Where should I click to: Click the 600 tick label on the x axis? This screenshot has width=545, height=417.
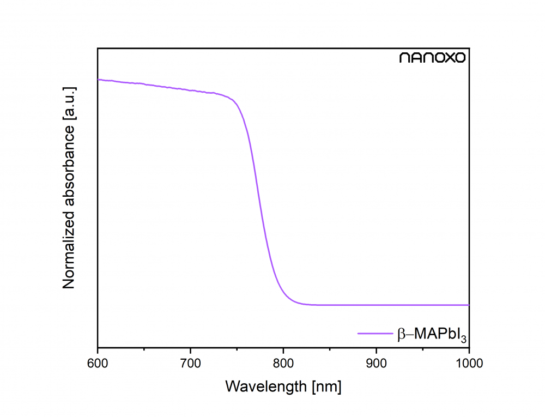[98, 362]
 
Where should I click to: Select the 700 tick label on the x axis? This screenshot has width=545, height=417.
[190, 362]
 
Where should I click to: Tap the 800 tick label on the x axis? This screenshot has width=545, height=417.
[283, 362]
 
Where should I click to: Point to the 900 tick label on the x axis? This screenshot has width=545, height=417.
[376, 362]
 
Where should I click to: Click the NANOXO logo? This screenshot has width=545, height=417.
[433, 58]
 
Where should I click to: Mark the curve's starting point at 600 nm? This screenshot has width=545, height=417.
[98, 80]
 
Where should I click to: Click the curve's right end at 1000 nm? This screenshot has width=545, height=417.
[469, 305]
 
